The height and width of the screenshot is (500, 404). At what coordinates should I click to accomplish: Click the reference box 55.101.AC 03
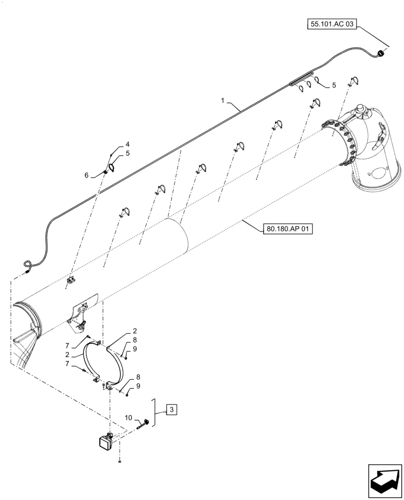click(x=330, y=24)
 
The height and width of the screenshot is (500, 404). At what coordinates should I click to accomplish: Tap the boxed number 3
click(x=171, y=410)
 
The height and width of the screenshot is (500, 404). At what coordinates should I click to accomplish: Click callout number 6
click(x=86, y=175)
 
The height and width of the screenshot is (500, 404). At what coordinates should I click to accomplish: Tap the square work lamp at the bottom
click(x=106, y=441)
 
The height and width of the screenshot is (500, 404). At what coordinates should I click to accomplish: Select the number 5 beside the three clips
click(x=333, y=85)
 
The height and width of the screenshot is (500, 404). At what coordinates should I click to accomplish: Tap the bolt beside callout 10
click(x=145, y=424)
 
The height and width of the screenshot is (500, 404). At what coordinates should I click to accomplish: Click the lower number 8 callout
click(x=131, y=378)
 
